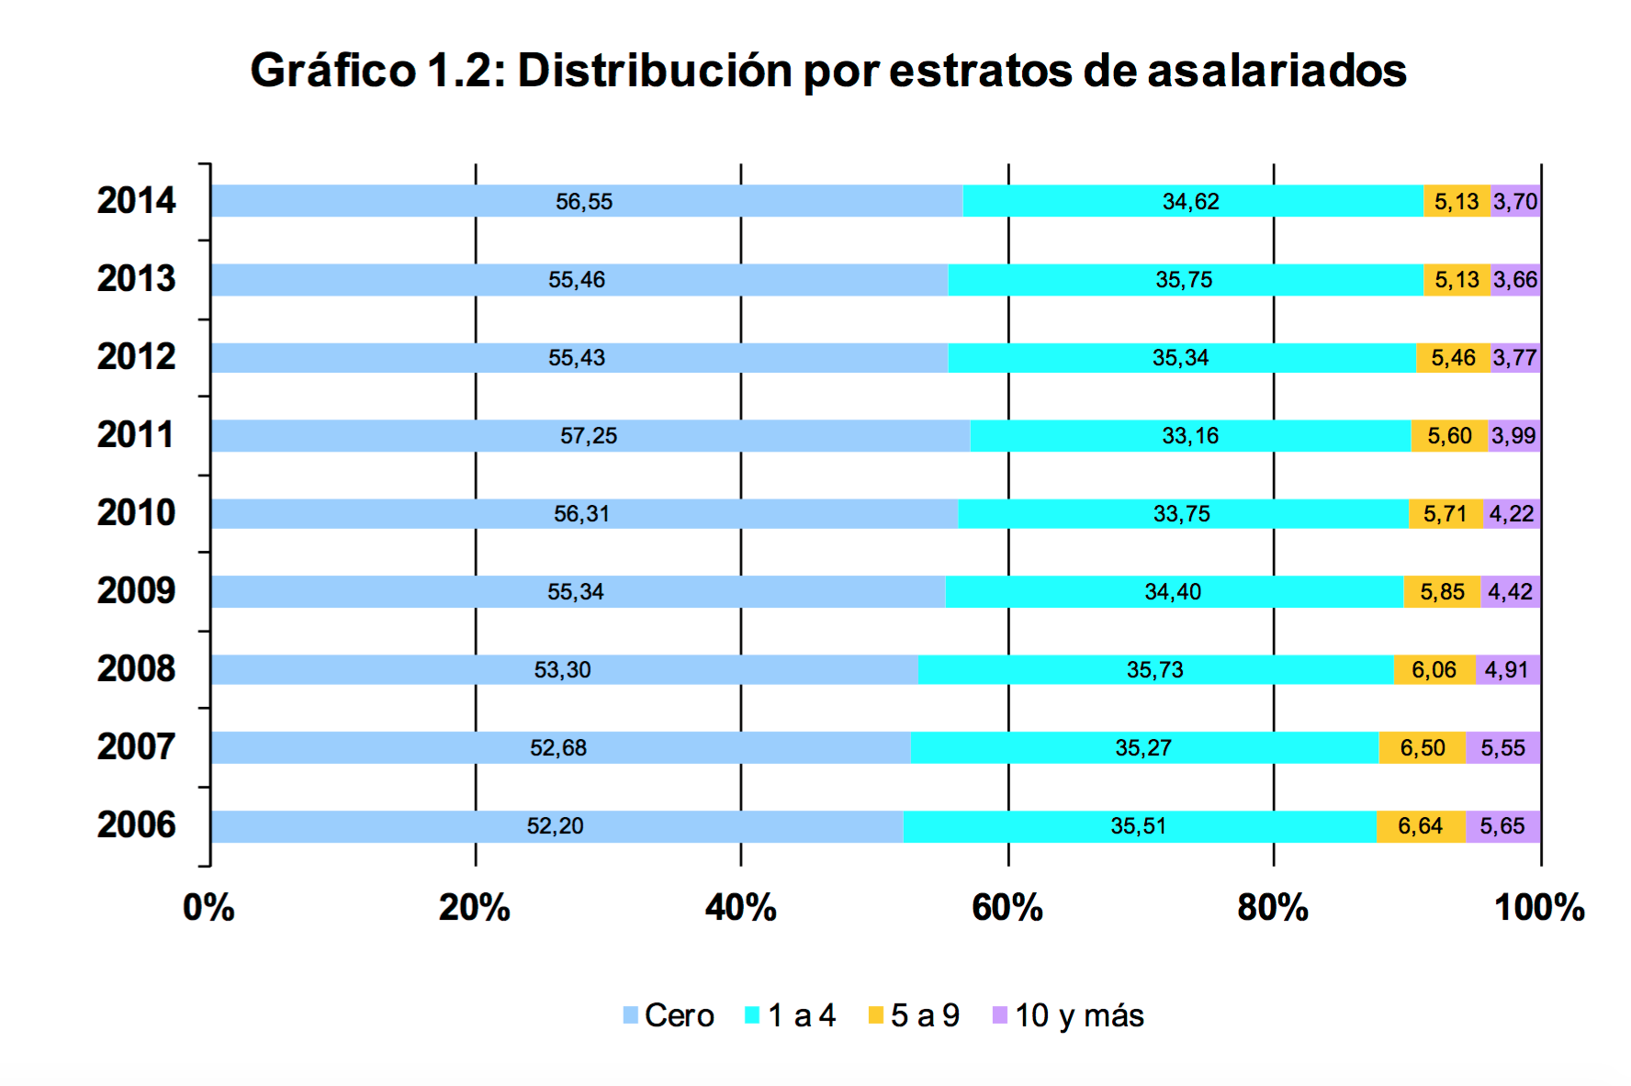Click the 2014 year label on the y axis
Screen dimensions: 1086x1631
point(136,201)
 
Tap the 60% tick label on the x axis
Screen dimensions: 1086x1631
point(1007,908)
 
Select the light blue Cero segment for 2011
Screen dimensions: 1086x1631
point(413,435)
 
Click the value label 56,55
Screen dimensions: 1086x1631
point(584,202)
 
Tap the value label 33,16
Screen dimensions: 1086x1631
point(1190,436)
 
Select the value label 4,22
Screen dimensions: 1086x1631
point(1512,514)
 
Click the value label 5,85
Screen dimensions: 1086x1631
point(1442,592)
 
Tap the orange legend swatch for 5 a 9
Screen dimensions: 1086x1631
point(876,1015)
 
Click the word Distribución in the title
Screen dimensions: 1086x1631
point(654,71)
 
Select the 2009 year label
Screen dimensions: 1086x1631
point(136,591)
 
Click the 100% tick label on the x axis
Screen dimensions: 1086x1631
point(1539,908)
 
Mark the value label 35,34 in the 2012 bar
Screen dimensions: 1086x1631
point(1180,358)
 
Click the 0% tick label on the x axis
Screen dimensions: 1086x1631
point(208,908)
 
